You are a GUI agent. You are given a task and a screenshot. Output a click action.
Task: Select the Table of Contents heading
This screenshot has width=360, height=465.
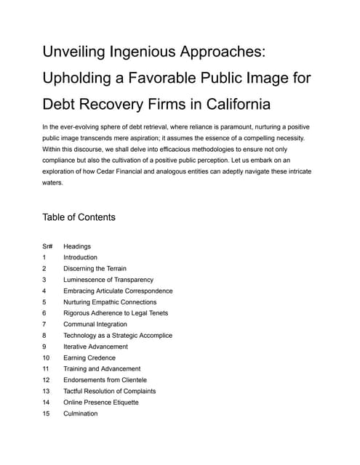point(79,217)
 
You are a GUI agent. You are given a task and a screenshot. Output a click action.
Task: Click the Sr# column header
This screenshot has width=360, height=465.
point(48,246)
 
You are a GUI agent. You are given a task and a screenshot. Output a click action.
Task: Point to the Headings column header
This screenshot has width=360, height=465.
point(77,246)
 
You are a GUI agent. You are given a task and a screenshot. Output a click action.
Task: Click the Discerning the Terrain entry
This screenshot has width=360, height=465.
point(95,269)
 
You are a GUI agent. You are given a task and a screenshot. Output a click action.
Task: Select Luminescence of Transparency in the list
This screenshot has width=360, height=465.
point(108,280)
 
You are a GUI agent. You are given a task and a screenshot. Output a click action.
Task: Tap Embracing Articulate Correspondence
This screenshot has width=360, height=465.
point(118,291)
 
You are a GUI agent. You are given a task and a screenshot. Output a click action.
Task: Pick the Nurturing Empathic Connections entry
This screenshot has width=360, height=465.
point(110,302)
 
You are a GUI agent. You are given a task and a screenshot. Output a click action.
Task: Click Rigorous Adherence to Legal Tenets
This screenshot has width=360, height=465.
point(116,313)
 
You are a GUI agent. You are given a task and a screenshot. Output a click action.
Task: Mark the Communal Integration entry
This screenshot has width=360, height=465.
point(95,324)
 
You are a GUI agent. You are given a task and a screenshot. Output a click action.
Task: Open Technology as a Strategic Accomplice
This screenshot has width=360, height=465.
point(118,336)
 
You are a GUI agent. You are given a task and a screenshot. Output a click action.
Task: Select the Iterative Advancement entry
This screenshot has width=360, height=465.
point(95,347)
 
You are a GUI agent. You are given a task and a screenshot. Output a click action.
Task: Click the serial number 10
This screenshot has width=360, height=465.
point(47,357)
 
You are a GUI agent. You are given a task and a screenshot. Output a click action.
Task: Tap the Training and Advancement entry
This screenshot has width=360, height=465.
point(102,368)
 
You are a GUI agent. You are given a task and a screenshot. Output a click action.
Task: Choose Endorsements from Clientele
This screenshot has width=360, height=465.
point(105,380)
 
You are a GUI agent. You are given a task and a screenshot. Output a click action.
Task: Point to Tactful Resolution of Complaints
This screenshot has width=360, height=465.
point(109,391)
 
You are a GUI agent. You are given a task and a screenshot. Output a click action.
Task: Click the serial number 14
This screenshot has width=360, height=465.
point(47,402)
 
